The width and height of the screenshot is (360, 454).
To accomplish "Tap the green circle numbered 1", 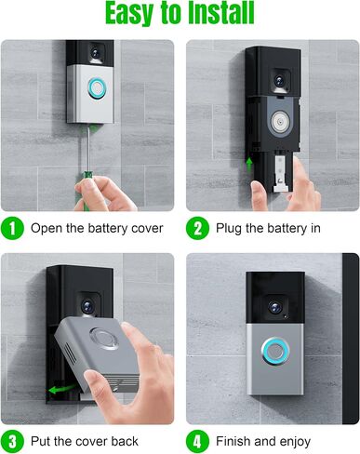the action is [x=12, y=229].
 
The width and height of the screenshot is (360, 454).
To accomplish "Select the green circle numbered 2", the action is [x=197, y=229].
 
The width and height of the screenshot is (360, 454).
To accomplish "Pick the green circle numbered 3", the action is [x=12, y=441].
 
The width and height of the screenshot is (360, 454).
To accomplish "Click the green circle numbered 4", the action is [x=197, y=441].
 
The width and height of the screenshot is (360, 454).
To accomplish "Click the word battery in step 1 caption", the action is [x=108, y=229].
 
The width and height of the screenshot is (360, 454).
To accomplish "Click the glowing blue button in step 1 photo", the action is [x=97, y=88].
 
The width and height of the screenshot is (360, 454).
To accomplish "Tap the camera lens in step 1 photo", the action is [x=97, y=51].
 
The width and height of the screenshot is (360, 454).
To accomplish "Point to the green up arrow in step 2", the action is [x=249, y=165].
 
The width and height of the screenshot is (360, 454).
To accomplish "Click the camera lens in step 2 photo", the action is [x=279, y=81].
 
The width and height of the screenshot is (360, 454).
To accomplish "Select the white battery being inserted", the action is [x=281, y=173].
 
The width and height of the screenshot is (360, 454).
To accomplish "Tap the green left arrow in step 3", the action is [x=62, y=388].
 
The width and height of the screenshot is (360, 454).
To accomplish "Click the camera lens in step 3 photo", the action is [x=87, y=306].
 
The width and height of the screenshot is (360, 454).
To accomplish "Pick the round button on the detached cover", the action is [x=103, y=338].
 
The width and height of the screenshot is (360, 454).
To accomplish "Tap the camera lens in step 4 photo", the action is [x=275, y=308].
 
